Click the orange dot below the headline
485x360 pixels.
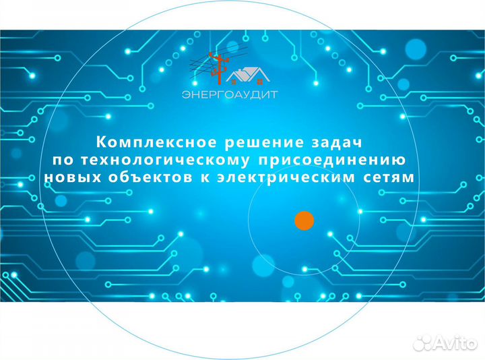coord(304,220)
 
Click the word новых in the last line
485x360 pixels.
coord(68,177)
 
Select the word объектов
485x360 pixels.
coord(145,177)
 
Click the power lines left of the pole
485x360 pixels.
coord(201,66)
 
